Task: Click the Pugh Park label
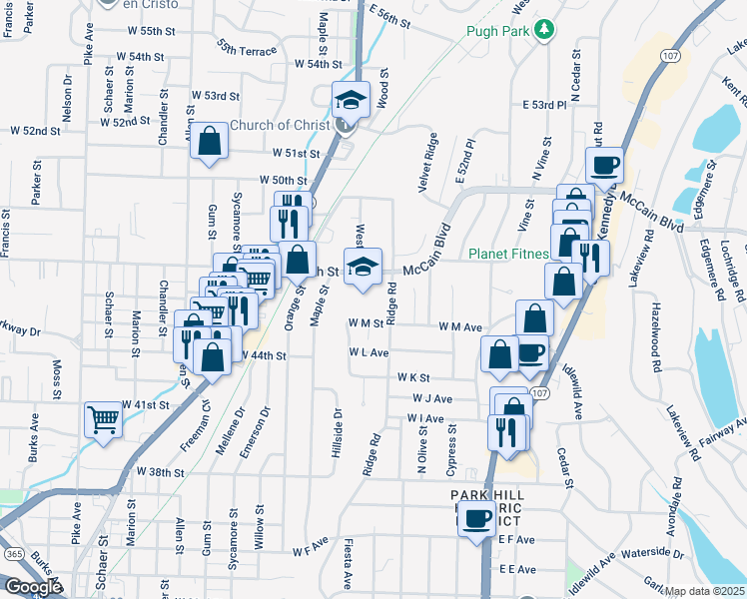[496, 31]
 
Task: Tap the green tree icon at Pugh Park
[544, 30]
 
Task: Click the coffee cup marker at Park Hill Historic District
[477, 518]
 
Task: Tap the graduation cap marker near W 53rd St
[352, 98]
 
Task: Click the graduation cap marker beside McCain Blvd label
[363, 266]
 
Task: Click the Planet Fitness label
[508, 254]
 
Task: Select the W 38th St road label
[162, 471]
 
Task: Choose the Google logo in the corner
[33, 587]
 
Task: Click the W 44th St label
[262, 355]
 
